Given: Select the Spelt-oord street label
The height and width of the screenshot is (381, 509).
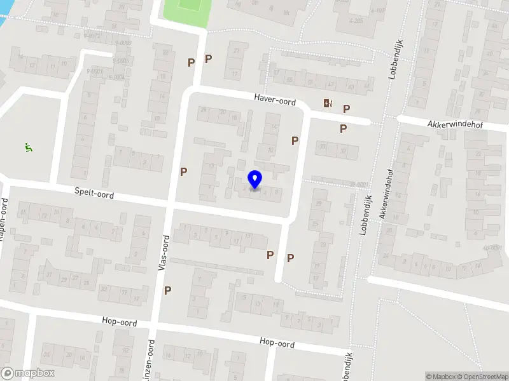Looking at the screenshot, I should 94,192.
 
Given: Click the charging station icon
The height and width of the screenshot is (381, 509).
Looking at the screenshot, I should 328,104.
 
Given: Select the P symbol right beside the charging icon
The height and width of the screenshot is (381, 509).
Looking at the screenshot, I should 346,109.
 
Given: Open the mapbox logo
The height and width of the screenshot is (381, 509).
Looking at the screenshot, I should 27,373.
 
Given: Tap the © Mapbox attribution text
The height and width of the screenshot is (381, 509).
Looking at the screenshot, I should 441,377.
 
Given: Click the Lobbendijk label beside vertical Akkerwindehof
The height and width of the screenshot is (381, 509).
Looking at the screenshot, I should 365,216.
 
